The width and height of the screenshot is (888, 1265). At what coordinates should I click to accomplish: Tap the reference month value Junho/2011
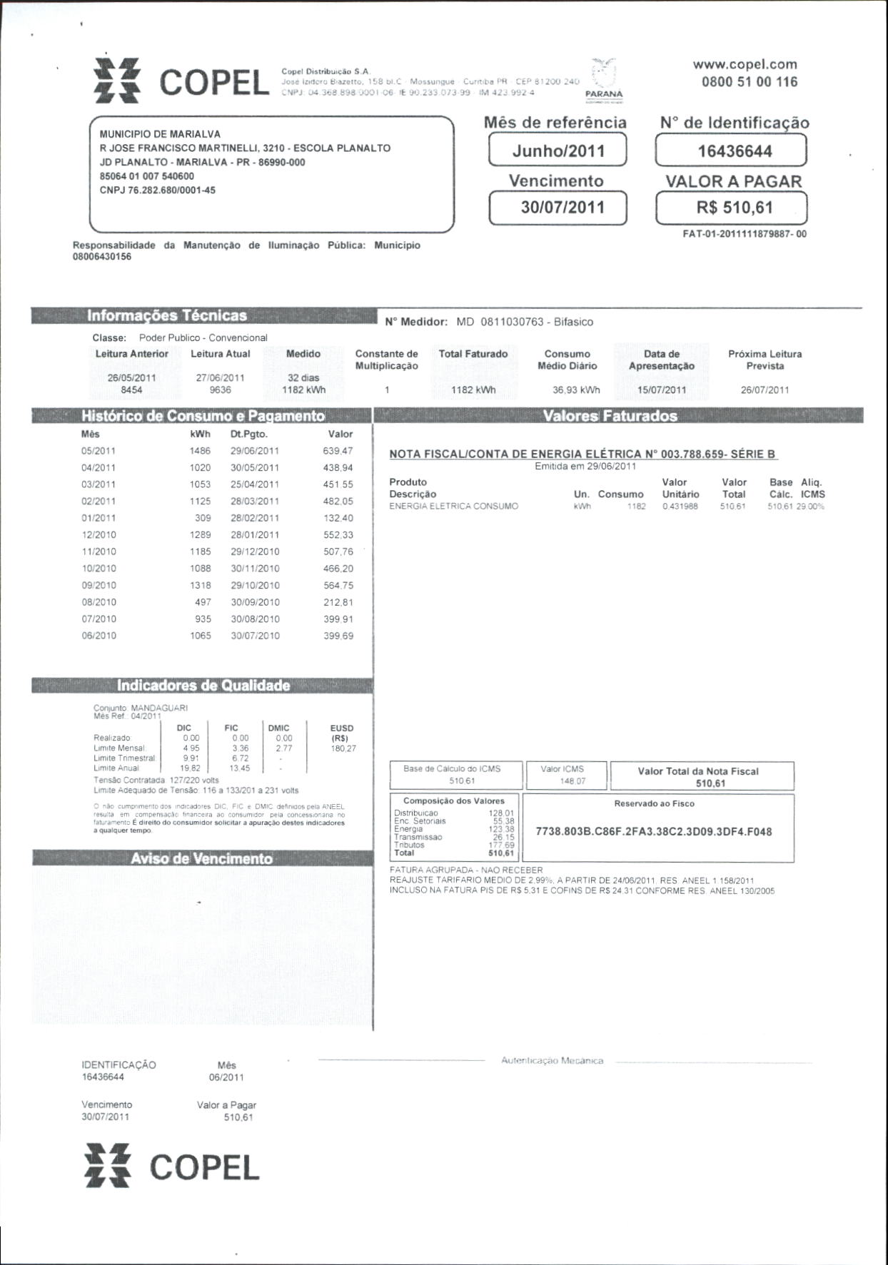point(557,151)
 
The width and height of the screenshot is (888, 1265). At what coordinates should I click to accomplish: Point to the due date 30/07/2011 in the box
point(557,208)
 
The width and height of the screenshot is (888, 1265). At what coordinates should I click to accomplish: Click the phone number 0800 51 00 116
point(749,81)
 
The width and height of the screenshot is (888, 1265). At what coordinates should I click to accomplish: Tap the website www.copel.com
point(745,64)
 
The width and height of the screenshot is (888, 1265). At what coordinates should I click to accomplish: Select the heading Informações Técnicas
point(166,315)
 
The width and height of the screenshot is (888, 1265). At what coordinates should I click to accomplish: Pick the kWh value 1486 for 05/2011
point(200,451)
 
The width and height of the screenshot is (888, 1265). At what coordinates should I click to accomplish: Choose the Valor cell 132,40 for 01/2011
point(338,518)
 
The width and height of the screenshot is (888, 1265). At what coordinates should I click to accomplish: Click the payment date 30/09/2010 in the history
point(255,602)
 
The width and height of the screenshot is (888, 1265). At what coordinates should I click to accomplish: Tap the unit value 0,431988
point(680,507)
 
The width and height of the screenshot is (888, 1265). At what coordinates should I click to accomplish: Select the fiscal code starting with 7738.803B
point(653,832)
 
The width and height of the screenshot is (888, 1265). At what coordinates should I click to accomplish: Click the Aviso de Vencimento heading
point(201,858)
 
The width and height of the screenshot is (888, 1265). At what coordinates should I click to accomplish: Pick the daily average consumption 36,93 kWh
point(576,390)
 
